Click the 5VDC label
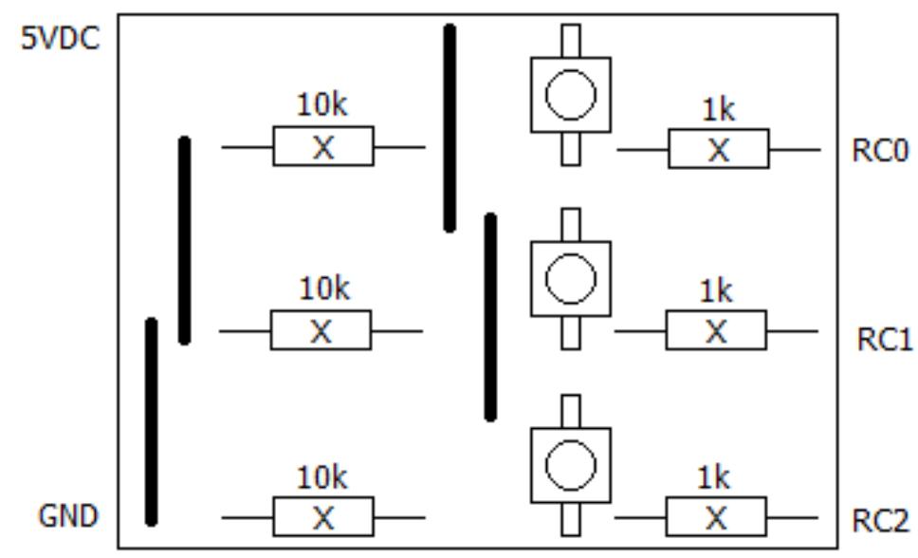click(61, 42)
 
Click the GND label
click(68, 517)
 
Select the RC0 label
click(881, 152)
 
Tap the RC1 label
click(884, 340)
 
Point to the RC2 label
click(880, 521)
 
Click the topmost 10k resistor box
click(323, 147)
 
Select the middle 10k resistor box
click(321, 331)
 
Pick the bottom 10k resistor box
click(323, 518)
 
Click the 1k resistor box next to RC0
click(718, 149)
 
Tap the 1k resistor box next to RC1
click(715, 331)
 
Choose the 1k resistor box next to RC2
click(715, 518)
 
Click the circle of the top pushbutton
click(571, 95)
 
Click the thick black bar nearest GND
click(151, 421)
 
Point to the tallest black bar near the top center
click(450, 128)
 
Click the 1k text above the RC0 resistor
click(718, 111)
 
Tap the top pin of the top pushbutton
click(570, 41)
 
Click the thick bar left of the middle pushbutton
click(490, 316)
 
